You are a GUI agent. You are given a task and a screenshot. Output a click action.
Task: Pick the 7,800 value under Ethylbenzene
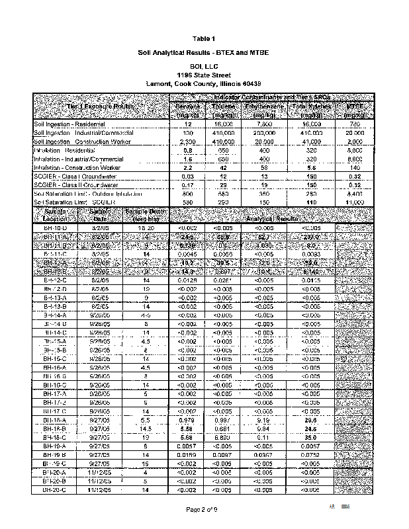point(265,124)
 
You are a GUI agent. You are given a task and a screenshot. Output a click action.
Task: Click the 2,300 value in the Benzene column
point(185,142)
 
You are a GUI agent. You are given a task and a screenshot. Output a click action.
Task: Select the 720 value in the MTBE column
point(354,124)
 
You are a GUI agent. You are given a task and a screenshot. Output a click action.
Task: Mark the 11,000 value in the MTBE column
point(354,202)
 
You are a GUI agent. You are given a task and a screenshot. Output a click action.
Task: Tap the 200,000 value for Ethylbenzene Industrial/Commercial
point(265,133)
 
